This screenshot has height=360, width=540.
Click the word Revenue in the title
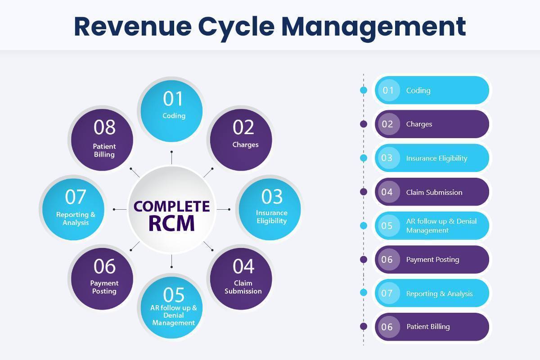pos(133,27)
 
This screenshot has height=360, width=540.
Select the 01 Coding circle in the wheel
pos(171,111)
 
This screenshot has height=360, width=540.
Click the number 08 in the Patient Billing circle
pos(104,127)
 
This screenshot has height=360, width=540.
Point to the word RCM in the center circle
pos(171,223)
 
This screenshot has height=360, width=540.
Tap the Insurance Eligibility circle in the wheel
pos(270,209)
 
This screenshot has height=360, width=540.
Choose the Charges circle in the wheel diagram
pos(241,140)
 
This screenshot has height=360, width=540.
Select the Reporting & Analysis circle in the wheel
pos(73,209)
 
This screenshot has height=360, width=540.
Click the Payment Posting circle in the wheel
pos(102,279)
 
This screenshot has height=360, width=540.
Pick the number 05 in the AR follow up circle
pos(174,295)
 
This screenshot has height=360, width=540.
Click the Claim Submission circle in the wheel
pos(241,279)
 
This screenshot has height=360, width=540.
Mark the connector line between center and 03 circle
pos(224,210)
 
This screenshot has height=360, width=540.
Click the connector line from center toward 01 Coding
pos(171,157)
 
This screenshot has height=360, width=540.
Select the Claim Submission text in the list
pos(434,193)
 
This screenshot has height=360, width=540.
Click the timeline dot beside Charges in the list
pos(364,124)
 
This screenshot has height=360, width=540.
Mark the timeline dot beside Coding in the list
pos(364,90)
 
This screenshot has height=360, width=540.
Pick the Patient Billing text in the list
pos(428,327)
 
